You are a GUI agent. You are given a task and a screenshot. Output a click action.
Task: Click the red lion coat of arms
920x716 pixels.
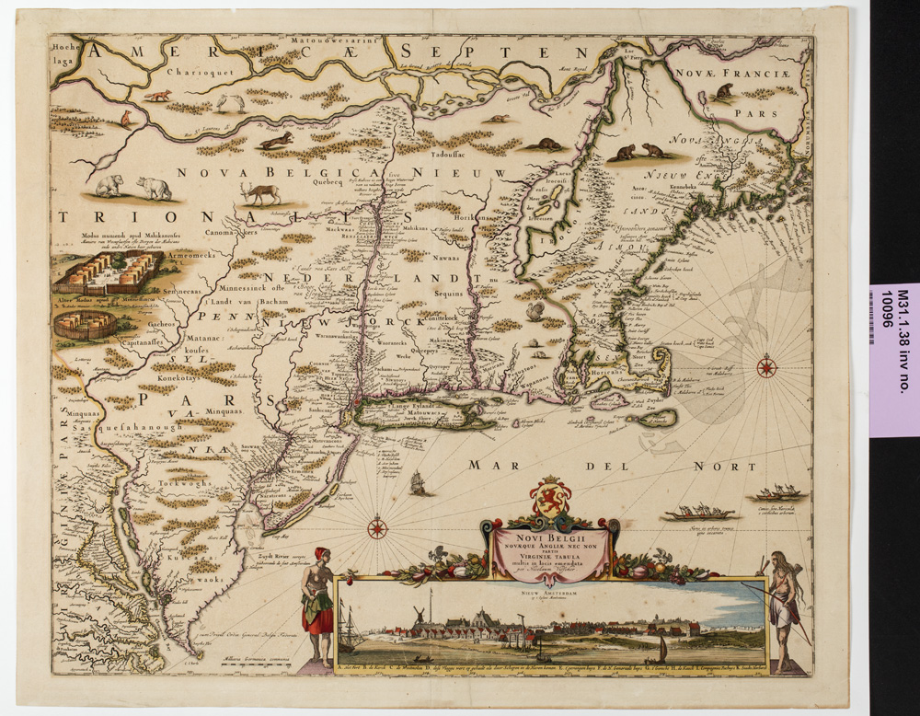[551, 497]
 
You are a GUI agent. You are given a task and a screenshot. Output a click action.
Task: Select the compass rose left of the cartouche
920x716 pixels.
[377, 529]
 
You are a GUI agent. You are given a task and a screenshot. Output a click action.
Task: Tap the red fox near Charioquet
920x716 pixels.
[162, 96]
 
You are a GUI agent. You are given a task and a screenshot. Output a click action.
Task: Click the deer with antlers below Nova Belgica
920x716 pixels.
[261, 193]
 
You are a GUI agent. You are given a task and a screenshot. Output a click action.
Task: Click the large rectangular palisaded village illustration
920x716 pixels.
[108, 273]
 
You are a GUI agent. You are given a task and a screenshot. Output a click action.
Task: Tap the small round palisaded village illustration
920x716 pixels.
[86, 324]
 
